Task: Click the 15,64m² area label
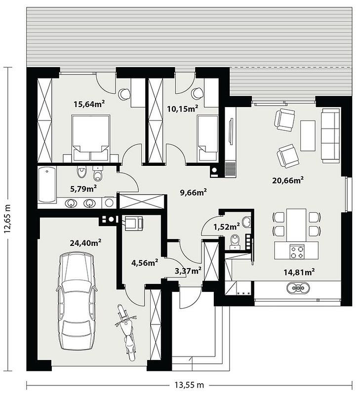coord(89,104)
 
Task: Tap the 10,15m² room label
coord(183,109)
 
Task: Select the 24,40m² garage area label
coord(85,243)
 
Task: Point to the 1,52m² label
coord(227,227)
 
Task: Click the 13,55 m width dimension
coord(189,385)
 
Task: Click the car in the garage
coord(77,301)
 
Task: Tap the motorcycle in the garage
coord(127,332)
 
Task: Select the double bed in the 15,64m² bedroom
coord(91,138)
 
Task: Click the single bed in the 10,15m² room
coord(207,138)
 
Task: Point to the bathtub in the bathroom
coord(47,185)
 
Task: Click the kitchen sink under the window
coord(298,287)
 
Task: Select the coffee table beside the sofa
coord(308,135)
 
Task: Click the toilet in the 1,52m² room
coord(236,241)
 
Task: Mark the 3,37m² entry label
coord(188,271)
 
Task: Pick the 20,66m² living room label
coord(288,180)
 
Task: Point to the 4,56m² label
coord(145,263)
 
